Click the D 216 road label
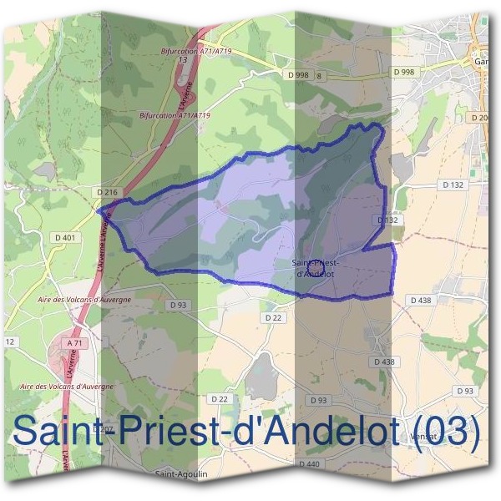click(x=106, y=193)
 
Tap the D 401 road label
click(x=64, y=238)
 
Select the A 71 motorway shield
click(x=75, y=343)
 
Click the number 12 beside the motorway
click(x=11, y=342)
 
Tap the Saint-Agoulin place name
click(x=181, y=473)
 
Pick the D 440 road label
click(x=308, y=463)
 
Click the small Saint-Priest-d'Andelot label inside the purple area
click(x=315, y=268)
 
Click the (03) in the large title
click(x=448, y=432)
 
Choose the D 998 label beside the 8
click(x=298, y=75)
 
